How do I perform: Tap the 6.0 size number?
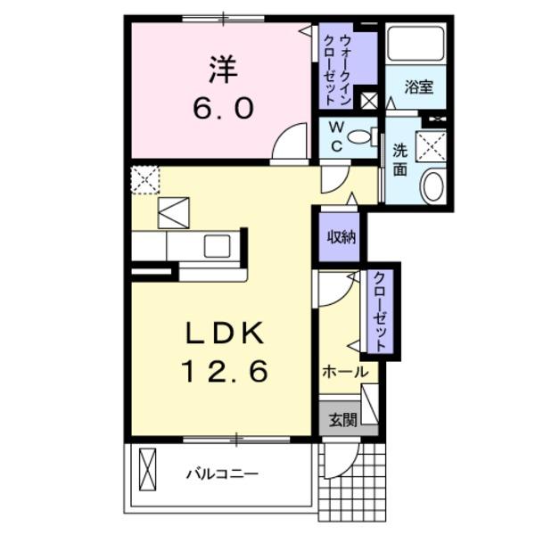click(x=223, y=109)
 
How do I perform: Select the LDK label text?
click(x=224, y=334)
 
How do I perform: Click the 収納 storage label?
click(x=341, y=236)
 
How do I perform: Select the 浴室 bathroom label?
click(x=418, y=86)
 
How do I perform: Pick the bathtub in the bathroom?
click(x=416, y=43)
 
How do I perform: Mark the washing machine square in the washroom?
click(x=432, y=144)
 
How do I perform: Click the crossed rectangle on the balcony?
click(x=147, y=467)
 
